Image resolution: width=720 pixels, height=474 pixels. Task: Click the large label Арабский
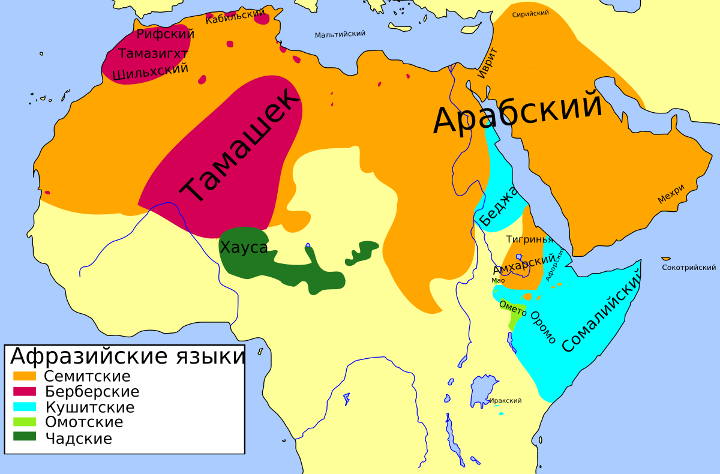517,112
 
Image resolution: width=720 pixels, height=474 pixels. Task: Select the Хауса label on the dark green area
244,247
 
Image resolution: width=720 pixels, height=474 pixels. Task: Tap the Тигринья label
529,239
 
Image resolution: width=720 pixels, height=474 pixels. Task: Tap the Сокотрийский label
689,267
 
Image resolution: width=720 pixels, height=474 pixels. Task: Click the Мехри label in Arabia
671,194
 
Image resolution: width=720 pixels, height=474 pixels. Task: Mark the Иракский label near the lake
505,400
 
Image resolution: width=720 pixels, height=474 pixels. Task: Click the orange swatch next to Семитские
26,376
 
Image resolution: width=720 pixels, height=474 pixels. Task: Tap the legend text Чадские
78,438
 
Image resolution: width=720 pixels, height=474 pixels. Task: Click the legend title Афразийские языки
127,356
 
